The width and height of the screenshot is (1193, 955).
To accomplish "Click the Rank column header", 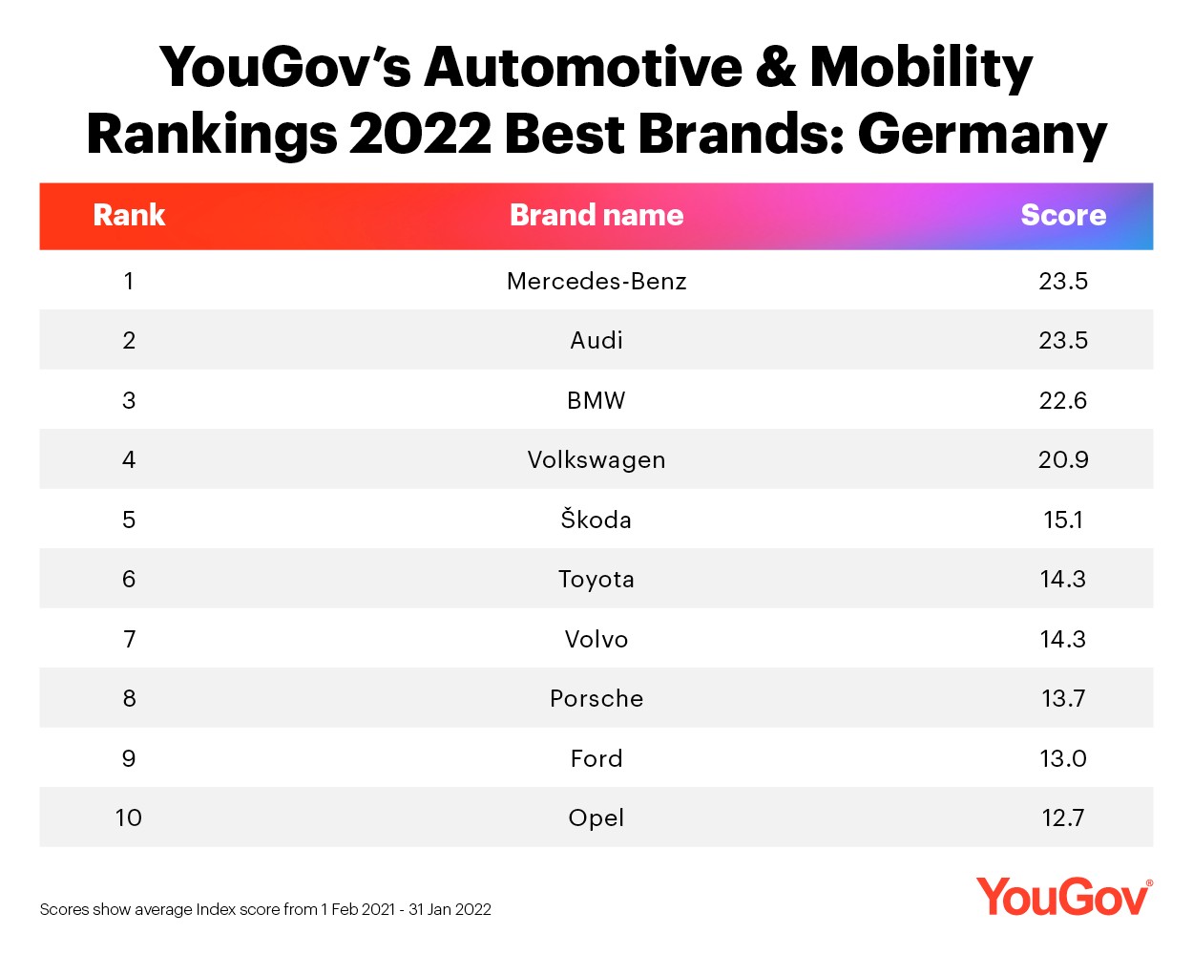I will tap(129, 215).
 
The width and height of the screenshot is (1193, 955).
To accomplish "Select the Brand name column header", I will tap(596, 215).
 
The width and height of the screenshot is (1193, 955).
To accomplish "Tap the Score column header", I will tap(1063, 215).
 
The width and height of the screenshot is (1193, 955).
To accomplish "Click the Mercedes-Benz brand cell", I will tap(596, 281).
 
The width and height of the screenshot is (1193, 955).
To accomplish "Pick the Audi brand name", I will tap(596, 340).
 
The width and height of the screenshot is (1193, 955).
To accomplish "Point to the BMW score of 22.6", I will tap(1063, 400).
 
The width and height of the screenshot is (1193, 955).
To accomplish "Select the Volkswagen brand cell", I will tap(596, 459).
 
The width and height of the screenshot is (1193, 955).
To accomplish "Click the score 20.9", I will tap(1063, 459).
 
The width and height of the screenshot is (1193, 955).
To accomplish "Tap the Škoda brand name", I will tap(596, 520).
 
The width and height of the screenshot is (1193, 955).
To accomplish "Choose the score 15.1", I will tap(1063, 520).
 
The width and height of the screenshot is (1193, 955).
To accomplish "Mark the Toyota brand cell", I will tap(596, 579).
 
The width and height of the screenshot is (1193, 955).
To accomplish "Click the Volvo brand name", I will tap(596, 639).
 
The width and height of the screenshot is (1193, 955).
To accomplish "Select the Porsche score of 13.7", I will tap(1063, 698).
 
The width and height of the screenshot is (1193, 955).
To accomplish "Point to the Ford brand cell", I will tap(596, 758).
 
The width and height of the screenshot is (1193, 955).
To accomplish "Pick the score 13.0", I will tap(1063, 758).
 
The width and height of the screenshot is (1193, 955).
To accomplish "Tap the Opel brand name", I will tap(596, 817).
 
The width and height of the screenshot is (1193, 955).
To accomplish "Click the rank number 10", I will tap(129, 817).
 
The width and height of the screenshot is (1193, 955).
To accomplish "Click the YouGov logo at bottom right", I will tap(1063, 898).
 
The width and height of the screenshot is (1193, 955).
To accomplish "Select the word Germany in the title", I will tap(982, 135).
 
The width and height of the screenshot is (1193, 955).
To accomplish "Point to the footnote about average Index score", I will tap(265, 909).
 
